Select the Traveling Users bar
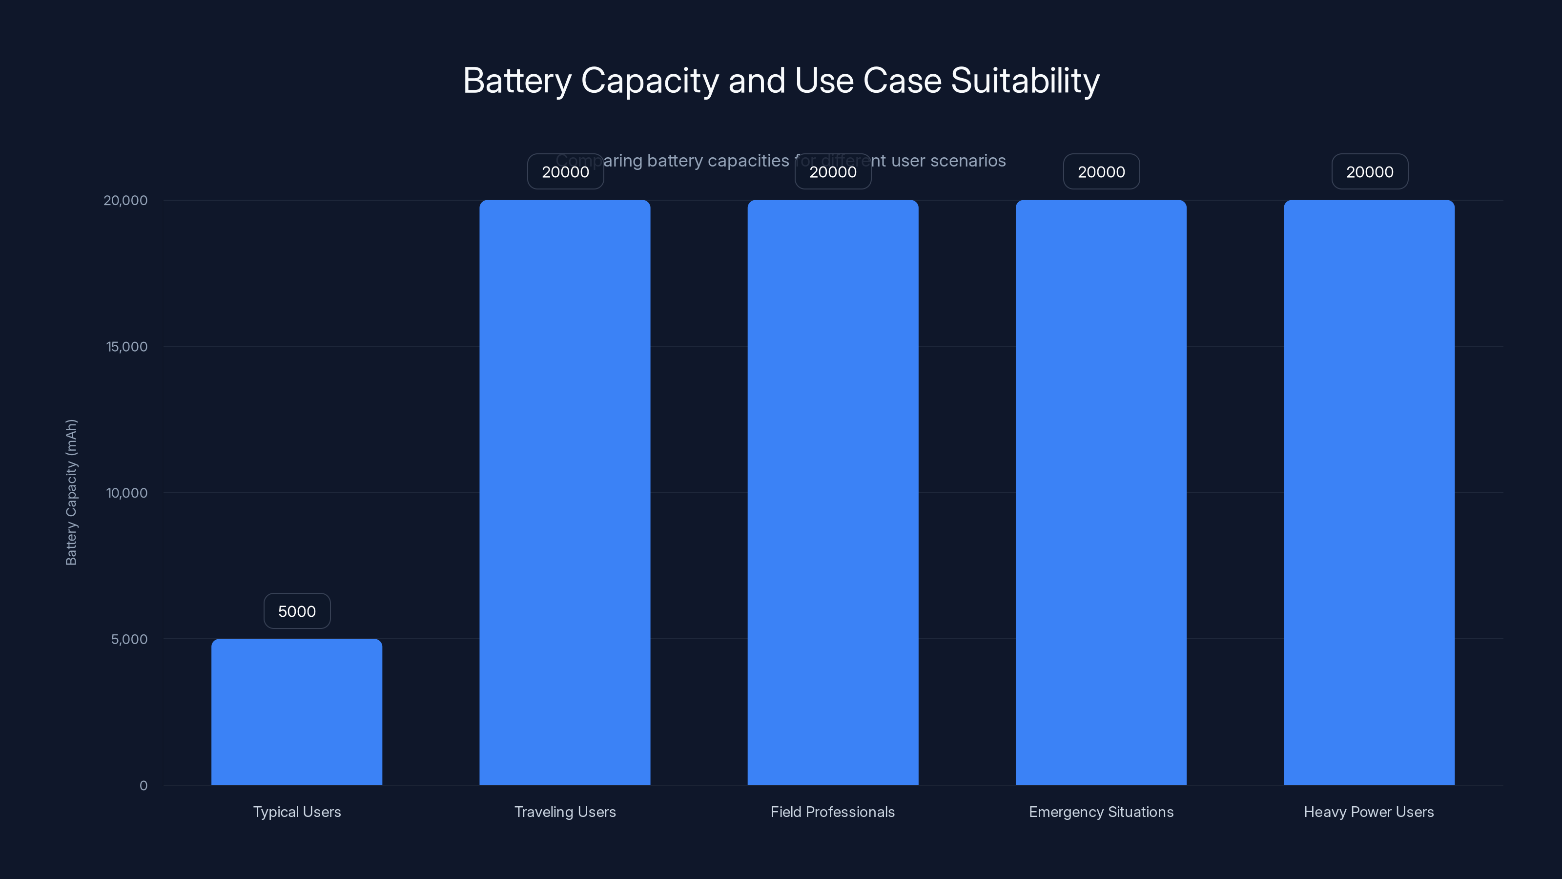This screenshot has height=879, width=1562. [x=565, y=491]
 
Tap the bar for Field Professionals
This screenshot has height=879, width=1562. [x=833, y=491]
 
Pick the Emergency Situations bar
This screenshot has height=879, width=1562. [x=1101, y=491]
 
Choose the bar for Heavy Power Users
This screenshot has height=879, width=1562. [x=1369, y=491]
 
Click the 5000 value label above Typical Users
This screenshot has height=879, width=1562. [x=296, y=611]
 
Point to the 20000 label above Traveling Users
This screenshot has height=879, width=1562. [x=565, y=172]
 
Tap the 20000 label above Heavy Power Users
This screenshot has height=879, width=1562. [x=1369, y=172]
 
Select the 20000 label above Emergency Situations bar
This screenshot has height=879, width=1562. [x=1101, y=172]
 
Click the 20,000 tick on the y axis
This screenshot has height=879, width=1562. [x=125, y=200]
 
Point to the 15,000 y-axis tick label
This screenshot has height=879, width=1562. [x=127, y=346]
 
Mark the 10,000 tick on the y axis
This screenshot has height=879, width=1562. [x=127, y=493]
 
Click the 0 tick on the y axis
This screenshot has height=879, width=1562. [x=143, y=786]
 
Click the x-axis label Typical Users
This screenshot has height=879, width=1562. [x=296, y=812]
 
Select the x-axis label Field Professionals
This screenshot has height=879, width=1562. [x=833, y=812]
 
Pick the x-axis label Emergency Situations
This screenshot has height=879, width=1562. [x=1101, y=812]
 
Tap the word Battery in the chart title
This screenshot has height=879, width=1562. [x=517, y=80]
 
